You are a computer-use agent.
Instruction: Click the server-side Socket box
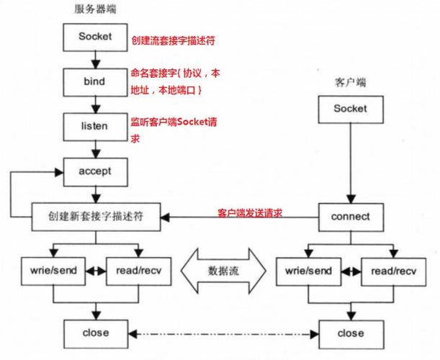(96, 36)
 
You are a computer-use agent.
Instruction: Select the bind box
(96, 81)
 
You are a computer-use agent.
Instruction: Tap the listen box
(96, 126)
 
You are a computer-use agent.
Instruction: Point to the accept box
(96, 171)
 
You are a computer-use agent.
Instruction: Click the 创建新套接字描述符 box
(96, 215)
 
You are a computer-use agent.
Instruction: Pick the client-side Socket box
(350, 109)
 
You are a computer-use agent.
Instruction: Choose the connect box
(350, 215)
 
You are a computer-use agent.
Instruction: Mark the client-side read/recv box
(390, 272)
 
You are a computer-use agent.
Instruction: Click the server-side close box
(96, 333)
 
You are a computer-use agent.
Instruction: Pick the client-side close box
(350, 333)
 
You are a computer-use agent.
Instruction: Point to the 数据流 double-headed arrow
(223, 271)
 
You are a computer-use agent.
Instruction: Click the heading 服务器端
(95, 9)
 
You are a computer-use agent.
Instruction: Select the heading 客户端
(350, 81)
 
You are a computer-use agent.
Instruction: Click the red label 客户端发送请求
(248, 213)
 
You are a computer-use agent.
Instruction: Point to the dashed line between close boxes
(223, 333)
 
